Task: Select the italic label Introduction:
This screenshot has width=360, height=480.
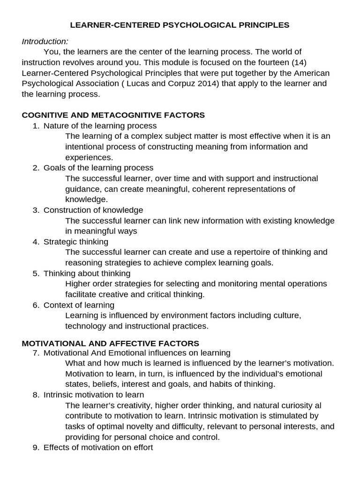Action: pyautogui.click(x=45, y=41)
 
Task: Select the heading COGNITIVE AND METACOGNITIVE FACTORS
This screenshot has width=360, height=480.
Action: pyautogui.click(x=113, y=115)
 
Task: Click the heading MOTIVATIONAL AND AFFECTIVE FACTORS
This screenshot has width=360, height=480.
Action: pyautogui.click(x=110, y=343)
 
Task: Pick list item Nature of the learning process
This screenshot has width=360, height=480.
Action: pyautogui.click(x=100, y=126)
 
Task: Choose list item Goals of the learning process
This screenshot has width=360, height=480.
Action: pyautogui.click(x=98, y=168)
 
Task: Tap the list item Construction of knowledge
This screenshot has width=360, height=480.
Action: pyautogui.click(x=93, y=210)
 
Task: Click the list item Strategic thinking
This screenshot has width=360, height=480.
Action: pyautogui.click(x=75, y=241)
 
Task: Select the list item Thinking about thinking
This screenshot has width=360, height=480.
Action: pyautogui.click(x=87, y=273)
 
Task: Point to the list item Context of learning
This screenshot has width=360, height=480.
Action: pyautogui.click(x=79, y=305)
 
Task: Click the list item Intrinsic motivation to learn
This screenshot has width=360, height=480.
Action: pyautogui.click(x=94, y=395)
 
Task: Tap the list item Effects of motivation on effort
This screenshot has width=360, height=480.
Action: pyautogui.click(x=98, y=447)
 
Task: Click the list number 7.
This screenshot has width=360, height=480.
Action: pyautogui.click(x=36, y=352)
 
